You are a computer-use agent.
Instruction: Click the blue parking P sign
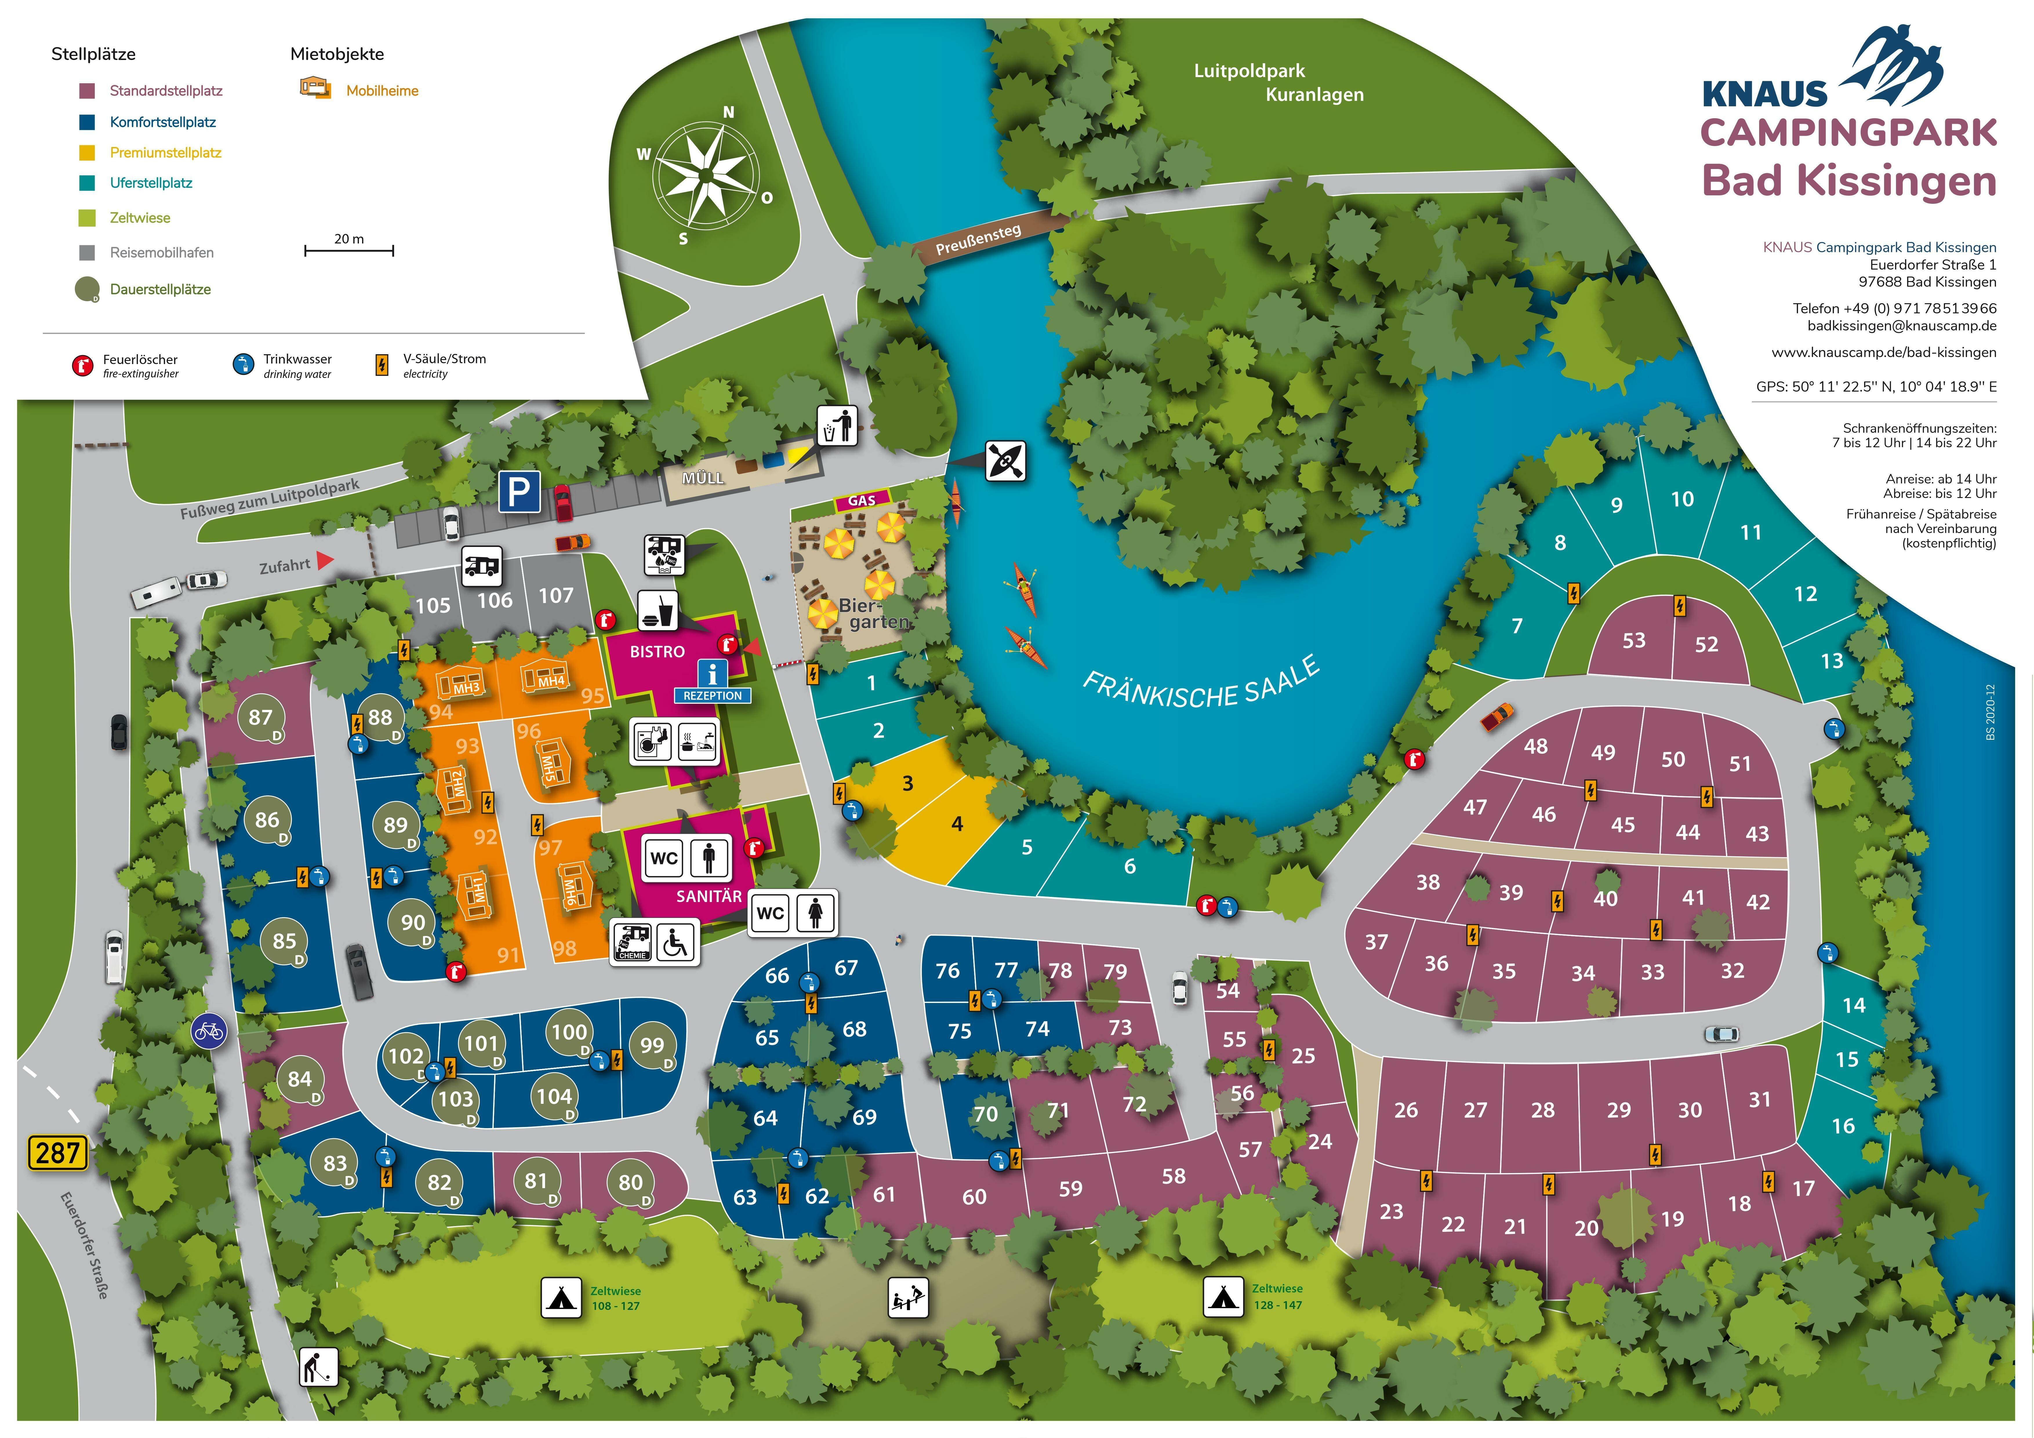(x=519, y=492)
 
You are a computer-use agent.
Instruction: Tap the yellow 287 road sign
(x=59, y=1153)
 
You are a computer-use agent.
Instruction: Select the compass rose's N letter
(x=728, y=112)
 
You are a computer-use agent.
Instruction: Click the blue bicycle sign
(x=209, y=1031)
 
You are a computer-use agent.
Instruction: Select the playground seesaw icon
(x=908, y=1298)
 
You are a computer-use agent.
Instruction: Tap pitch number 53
(x=1634, y=641)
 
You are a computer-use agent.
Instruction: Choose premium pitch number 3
(x=907, y=783)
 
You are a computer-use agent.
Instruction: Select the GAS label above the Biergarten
(x=862, y=501)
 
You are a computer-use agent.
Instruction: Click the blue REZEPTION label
(x=712, y=695)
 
